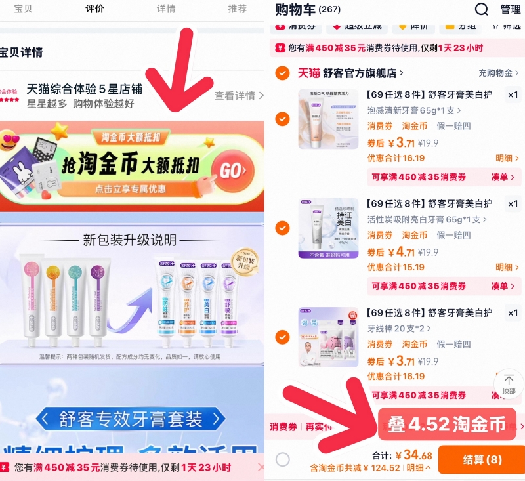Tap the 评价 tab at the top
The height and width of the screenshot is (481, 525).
pyautogui.click(x=94, y=9)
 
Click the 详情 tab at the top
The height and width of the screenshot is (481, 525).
pyautogui.click(x=166, y=9)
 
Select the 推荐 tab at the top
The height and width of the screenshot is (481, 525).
pyautogui.click(x=238, y=9)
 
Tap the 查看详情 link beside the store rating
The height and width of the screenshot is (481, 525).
pyautogui.click(x=238, y=96)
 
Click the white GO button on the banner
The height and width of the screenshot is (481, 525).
pyautogui.click(x=233, y=171)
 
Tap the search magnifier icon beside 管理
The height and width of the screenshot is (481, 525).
pyautogui.click(x=482, y=9)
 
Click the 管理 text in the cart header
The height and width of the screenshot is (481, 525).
pyautogui.click(x=511, y=9)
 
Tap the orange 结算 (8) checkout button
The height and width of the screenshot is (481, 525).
pyautogui.click(x=480, y=459)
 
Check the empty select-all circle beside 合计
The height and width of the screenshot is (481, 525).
pyautogui.click(x=283, y=459)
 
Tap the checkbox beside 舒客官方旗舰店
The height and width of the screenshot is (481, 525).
pyautogui.click(x=282, y=73)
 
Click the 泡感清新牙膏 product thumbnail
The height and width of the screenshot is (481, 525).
pyautogui.click(x=328, y=119)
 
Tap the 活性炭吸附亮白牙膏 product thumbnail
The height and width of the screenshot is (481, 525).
pyautogui.click(x=328, y=228)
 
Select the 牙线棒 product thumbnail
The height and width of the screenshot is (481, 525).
pyautogui.click(x=328, y=337)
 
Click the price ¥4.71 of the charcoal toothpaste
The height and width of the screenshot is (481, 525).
pyautogui.click(x=400, y=251)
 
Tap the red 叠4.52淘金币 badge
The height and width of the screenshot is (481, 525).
pyautogui.click(x=446, y=425)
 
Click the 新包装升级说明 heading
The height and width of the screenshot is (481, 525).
pyautogui.click(x=131, y=240)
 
